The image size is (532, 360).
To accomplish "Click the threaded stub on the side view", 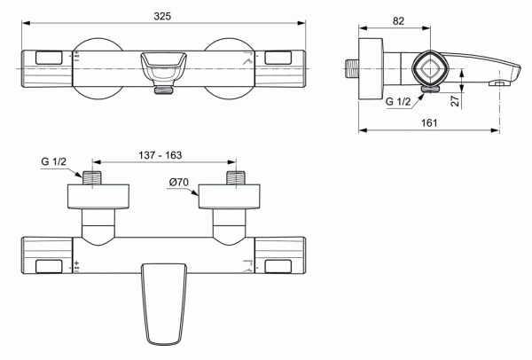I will (352, 67).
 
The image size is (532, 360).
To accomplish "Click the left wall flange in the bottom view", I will (99, 196).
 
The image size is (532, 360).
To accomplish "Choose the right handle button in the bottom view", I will (279, 265).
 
